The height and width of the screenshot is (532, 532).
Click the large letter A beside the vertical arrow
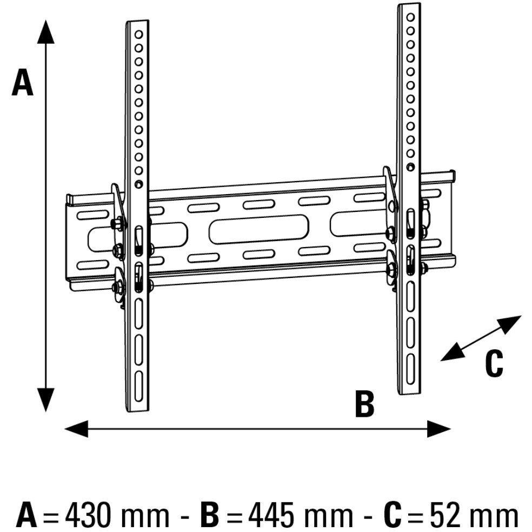[23, 83]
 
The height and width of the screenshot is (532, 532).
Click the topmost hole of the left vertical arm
[139, 35]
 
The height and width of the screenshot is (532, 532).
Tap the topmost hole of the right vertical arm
[410, 18]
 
